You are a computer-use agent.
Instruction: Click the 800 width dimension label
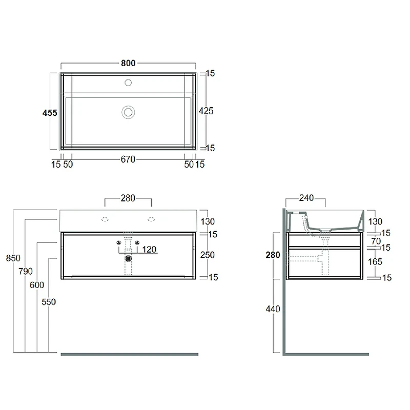[128, 63]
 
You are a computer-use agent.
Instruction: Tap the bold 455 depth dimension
[50, 113]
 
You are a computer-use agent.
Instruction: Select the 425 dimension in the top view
[206, 111]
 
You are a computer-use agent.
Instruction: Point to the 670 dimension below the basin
[128, 159]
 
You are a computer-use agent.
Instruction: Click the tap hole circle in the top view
[128, 83]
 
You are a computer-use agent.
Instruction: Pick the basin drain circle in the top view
[128, 112]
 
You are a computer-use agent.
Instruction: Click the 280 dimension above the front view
[128, 198]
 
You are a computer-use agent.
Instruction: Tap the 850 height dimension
[13, 258]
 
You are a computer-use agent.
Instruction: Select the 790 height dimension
[25, 272]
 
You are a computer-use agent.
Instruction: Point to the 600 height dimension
[37, 285]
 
